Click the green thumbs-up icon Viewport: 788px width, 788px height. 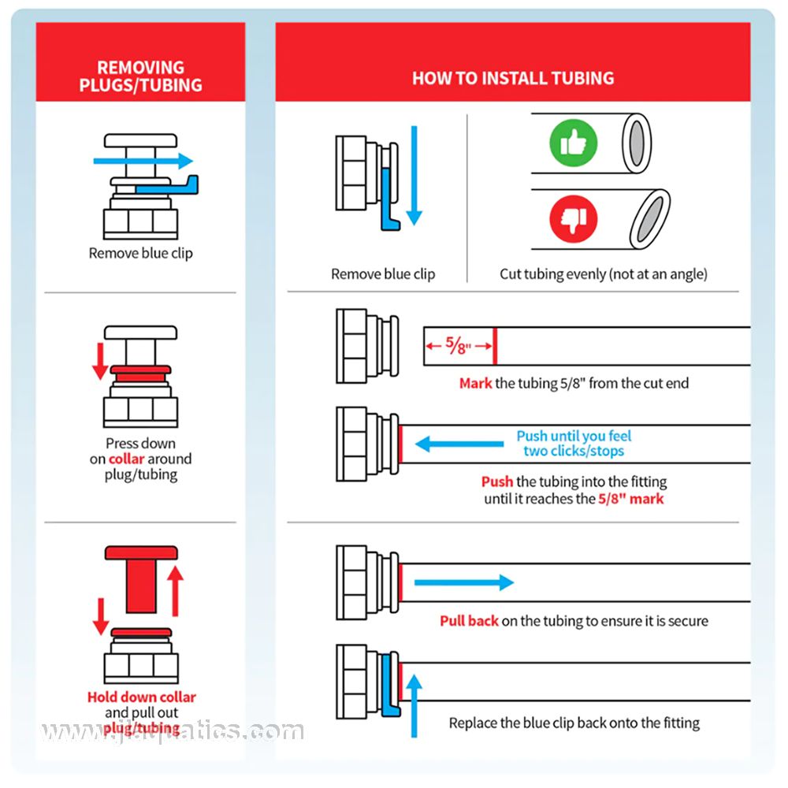click(573, 143)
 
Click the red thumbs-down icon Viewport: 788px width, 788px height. click(573, 220)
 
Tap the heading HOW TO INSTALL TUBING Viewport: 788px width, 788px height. click(513, 78)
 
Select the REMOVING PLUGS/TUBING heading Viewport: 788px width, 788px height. click(140, 76)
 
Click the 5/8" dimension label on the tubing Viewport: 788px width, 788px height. click(457, 345)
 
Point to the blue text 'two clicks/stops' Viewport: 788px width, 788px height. click(574, 452)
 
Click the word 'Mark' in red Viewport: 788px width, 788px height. click(475, 384)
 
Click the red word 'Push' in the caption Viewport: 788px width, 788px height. click(497, 481)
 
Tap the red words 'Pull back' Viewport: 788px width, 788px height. click(469, 621)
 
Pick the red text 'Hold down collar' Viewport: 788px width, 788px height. click(141, 697)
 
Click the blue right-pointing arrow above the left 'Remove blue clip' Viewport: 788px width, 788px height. click(143, 161)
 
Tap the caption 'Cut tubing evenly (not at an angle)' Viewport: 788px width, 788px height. click(604, 274)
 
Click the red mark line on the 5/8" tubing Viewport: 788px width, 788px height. click(495, 346)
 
